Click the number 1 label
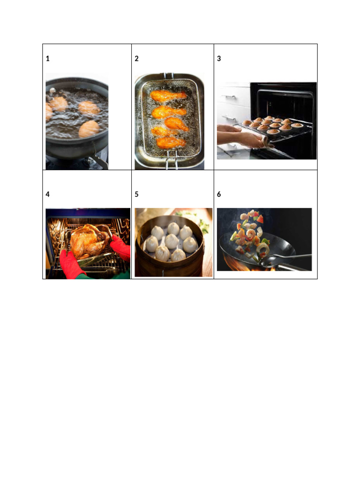click(47, 59)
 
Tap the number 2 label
click(136, 59)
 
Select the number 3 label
click(219, 59)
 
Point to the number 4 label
click(47, 194)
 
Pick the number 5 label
click(136, 194)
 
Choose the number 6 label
click(219, 194)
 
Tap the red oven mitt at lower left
click(71, 265)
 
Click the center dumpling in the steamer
click(172, 241)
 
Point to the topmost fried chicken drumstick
click(168, 96)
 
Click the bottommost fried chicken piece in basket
click(171, 142)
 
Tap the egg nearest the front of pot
click(89, 129)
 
